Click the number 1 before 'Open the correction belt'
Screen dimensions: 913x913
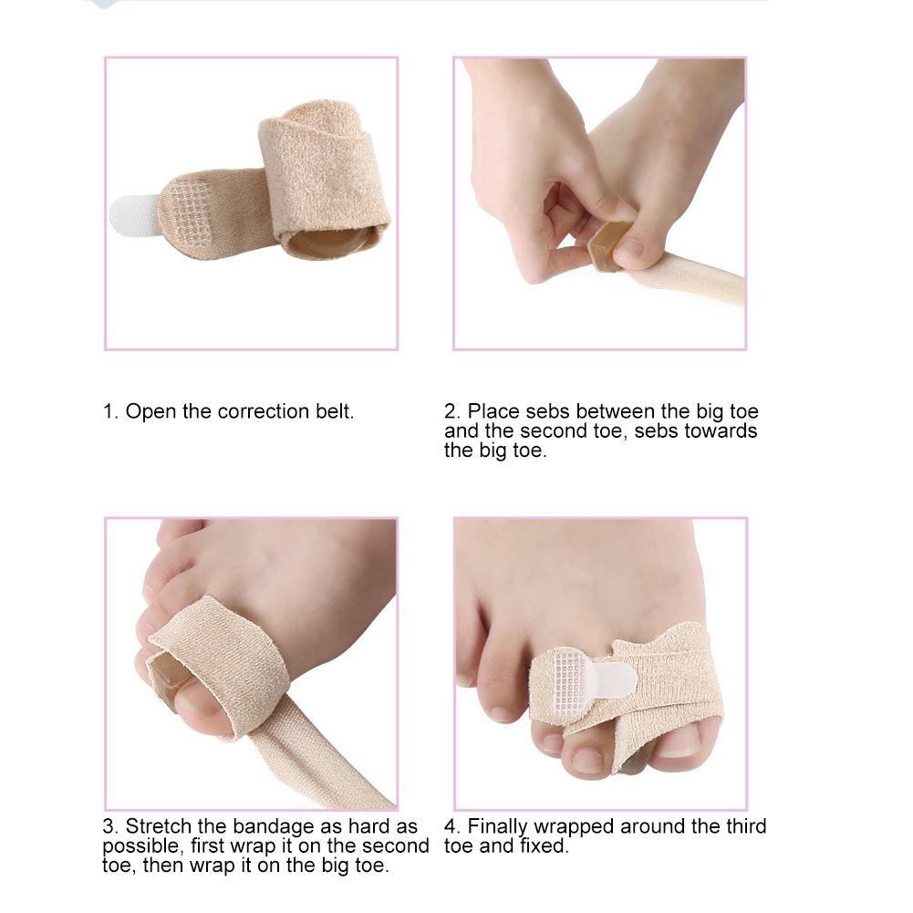pyautogui.click(x=109, y=411)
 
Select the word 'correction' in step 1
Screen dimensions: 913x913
pyautogui.click(x=264, y=411)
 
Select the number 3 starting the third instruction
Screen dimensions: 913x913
pyautogui.click(x=109, y=826)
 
